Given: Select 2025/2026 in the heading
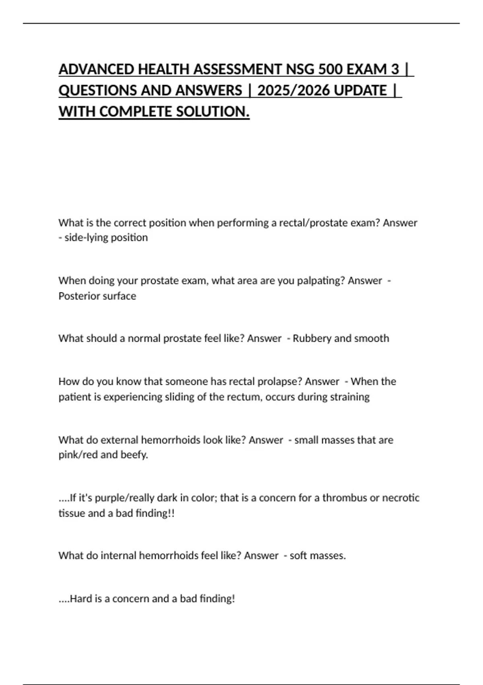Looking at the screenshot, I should click(x=293, y=90).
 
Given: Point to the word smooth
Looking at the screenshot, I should click(x=372, y=338).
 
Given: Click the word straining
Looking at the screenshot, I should click(x=350, y=397).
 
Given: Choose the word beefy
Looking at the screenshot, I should click(x=134, y=455).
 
